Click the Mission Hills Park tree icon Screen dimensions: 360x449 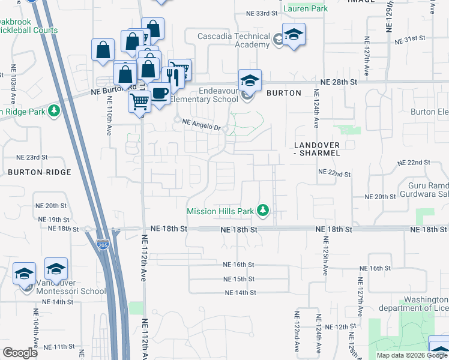[262, 211]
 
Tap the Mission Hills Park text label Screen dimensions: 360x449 [220, 211]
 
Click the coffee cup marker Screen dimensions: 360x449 [160, 94]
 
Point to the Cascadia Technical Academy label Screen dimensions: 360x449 [235, 41]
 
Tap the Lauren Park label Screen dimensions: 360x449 [306, 8]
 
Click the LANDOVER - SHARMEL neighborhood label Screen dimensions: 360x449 [318, 149]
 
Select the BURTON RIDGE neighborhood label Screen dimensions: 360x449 [40, 172]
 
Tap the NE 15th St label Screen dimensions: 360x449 [239, 279]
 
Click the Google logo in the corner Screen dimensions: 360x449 [20, 353]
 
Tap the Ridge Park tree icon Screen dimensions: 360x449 [54, 111]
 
